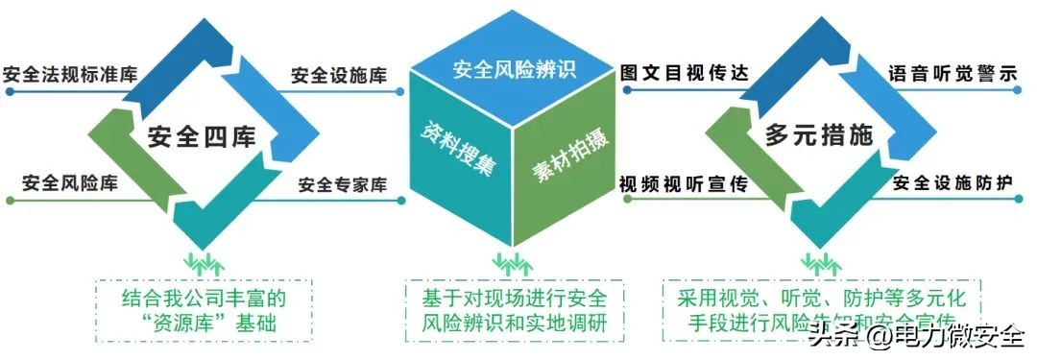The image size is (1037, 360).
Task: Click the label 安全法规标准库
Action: pyautogui.click(x=70, y=75)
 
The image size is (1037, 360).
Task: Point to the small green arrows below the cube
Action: pyautogui.click(x=509, y=260)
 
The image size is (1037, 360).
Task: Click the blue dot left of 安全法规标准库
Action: pyautogui.click(x=8, y=93)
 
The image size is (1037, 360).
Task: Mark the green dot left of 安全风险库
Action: pyautogui.click(x=8, y=201)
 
